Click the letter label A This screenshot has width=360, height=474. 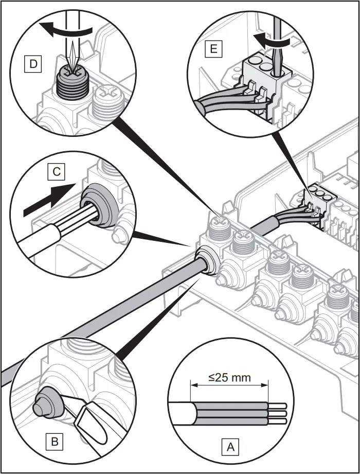(x=230, y=446)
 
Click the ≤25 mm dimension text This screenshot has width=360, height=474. (x=230, y=378)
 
